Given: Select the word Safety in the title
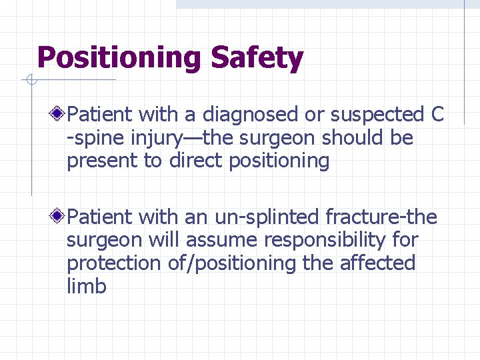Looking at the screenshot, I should pos(257,59).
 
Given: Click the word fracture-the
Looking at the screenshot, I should pos(381,217).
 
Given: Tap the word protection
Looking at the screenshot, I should pos(110,263).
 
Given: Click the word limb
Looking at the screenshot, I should pos(86,287).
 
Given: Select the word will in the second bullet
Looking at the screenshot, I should pos(159,240).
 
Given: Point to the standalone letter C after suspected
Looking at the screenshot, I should pos(437,115).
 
